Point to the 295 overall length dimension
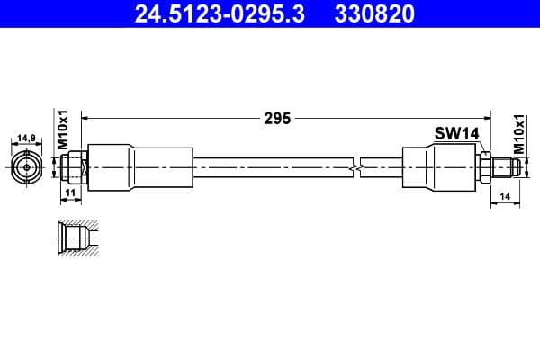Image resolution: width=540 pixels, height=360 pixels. tap(278, 118)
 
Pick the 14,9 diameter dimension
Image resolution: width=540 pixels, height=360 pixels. tap(26, 139)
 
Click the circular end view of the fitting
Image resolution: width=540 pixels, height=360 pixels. tap(27, 166)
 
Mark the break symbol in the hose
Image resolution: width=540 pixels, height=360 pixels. tap(357, 166)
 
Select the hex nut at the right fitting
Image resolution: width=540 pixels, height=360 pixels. tap(484, 166)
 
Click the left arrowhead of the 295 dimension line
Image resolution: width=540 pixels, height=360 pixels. tap(87, 118)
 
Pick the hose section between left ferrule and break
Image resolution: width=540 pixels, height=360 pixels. tap(270, 166)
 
